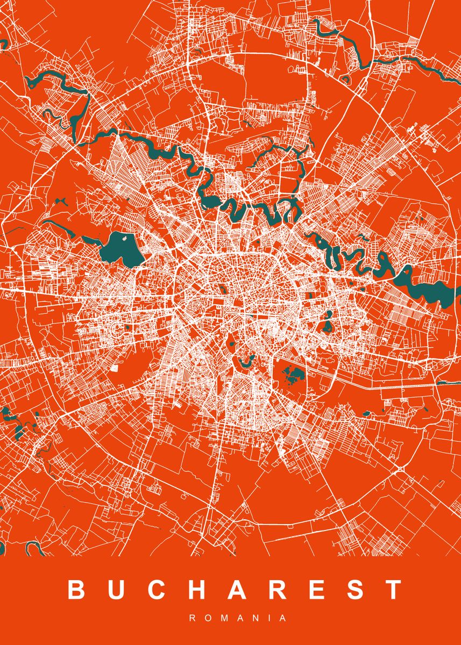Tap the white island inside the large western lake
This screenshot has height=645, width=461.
click(126, 237)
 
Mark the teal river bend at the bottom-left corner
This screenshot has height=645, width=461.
click(33, 549)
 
